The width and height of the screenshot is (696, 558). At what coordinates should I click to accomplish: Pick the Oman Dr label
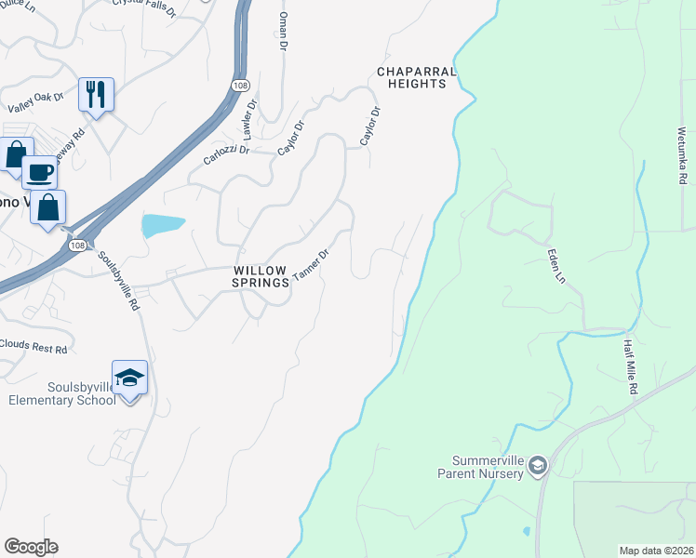pos(283,32)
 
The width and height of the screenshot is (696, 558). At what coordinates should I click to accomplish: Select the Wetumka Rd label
pos(682,150)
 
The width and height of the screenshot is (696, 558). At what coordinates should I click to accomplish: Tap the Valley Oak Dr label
pos(35,102)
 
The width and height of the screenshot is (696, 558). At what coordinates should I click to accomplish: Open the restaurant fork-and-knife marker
pos(96,94)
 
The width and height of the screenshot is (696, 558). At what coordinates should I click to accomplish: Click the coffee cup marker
pos(39,171)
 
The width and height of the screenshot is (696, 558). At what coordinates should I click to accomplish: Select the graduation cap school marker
pos(129,378)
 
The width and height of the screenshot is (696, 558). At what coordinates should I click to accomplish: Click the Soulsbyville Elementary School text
pos(61,393)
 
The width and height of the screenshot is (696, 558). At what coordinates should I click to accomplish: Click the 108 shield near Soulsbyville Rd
pos(77,246)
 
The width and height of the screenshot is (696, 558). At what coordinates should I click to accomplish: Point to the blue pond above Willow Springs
pos(162,224)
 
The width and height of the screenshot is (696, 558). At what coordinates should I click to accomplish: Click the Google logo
pos(31,547)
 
